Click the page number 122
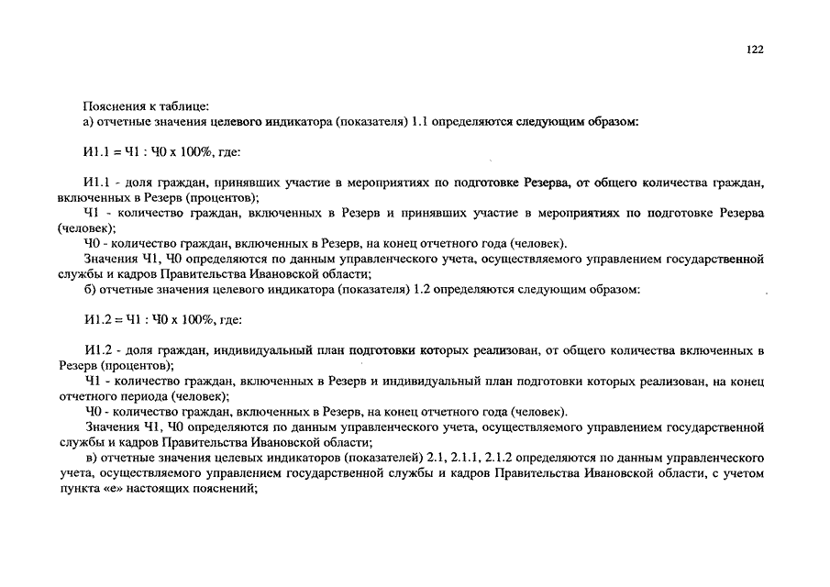pyautogui.click(x=756, y=50)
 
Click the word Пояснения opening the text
pyautogui.click(x=112, y=105)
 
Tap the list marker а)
pyautogui.click(x=89, y=121)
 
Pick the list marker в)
pyautogui.click(x=90, y=458)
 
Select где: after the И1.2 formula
pyautogui.click(x=229, y=319)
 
